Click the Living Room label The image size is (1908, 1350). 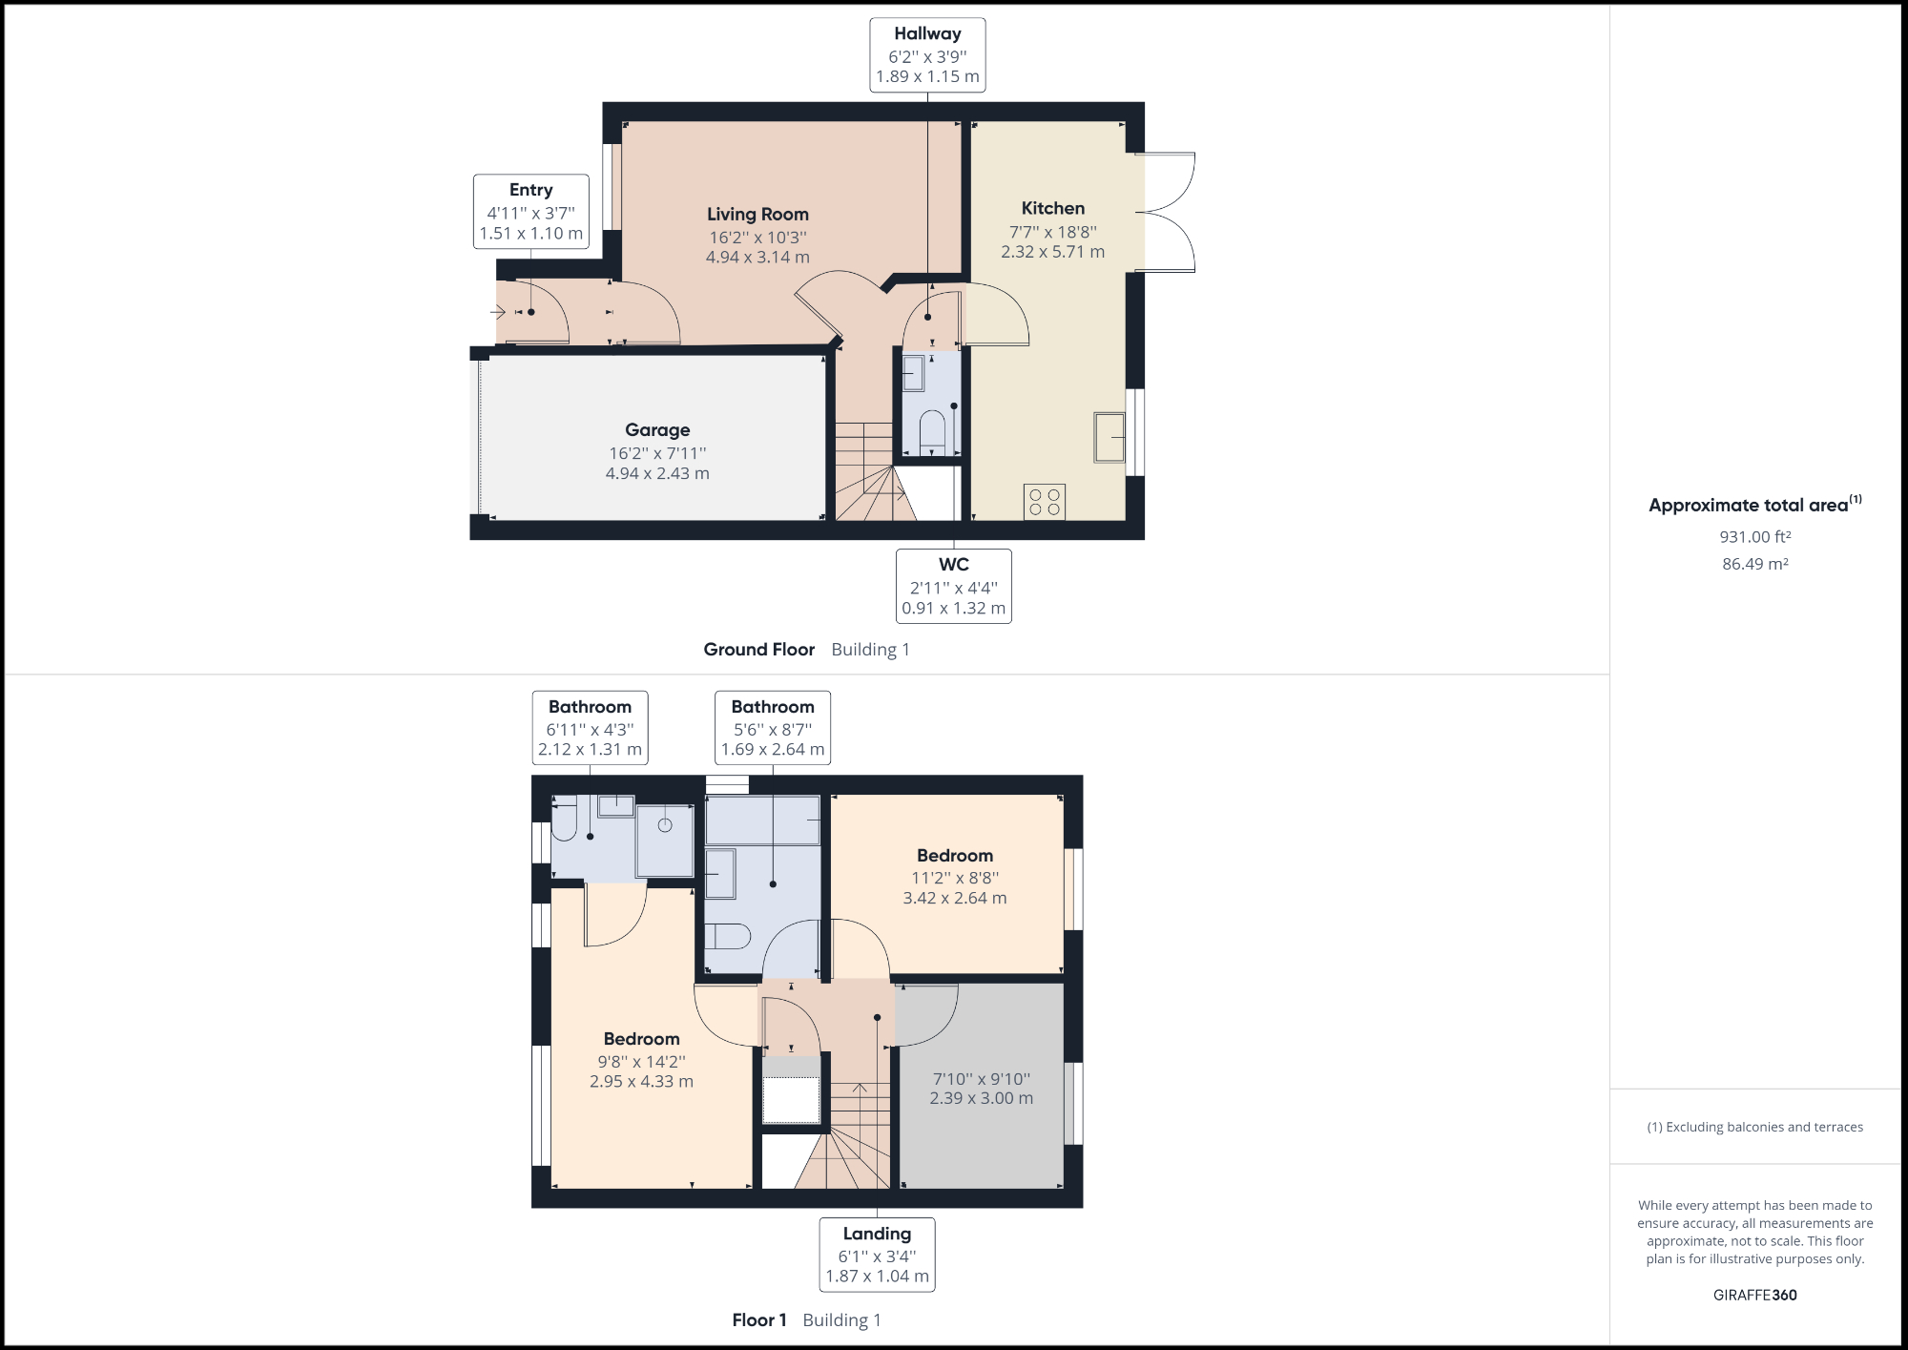[x=757, y=215]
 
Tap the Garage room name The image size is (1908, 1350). [x=657, y=430]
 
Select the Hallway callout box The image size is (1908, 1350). [x=927, y=55]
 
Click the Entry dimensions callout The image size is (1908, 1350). [x=531, y=212]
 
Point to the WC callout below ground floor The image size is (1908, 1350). [x=953, y=586]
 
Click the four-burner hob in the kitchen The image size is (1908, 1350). [x=1045, y=502]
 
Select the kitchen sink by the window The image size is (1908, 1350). [x=1109, y=437]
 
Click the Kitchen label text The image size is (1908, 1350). [x=1052, y=208]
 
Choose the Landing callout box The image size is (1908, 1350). [x=877, y=1255]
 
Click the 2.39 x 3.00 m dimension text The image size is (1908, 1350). [x=981, y=1098]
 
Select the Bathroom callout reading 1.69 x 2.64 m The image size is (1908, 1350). [x=773, y=728]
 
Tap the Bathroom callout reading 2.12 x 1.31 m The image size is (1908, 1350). [x=590, y=728]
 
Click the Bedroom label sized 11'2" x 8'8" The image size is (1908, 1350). [x=955, y=856]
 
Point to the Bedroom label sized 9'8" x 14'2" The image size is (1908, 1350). [x=641, y=1039]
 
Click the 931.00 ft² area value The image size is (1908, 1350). [x=1754, y=537]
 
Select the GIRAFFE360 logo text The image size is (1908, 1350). [x=1754, y=1295]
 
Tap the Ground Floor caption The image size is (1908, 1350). [x=759, y=650]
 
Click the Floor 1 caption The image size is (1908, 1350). [x=759, y=1320]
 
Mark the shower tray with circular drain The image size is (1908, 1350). [x=665, y=840]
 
